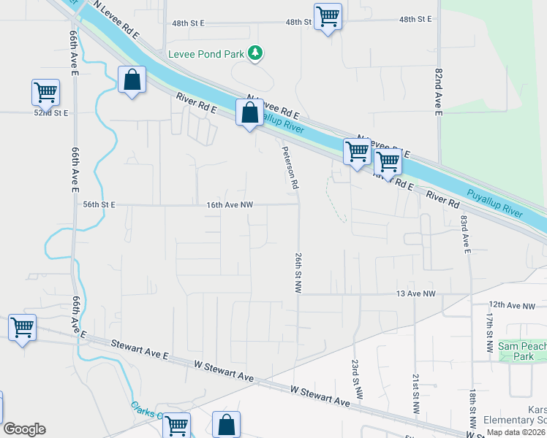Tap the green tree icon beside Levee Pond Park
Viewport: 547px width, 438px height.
(255, 53)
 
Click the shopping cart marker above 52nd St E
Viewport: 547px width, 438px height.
(45, 93)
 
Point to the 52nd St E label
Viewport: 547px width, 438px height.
(51, 113)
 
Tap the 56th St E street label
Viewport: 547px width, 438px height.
(99, 205)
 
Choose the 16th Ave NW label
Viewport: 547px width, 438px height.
(229, 205)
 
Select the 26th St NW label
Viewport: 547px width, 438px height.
(298, 273)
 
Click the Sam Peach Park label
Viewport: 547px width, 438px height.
(522, 350)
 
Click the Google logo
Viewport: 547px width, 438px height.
(24, 429)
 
